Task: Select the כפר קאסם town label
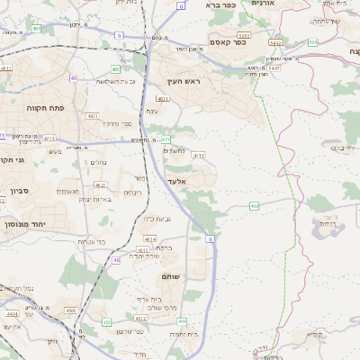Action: (229, 43)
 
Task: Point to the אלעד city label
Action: (175, 181)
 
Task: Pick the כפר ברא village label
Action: (220, 5)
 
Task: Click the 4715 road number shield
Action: (49, 139)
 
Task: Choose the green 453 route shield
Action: (106, 321)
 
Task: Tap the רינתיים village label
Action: (132, 192)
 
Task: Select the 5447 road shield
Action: (274, 67)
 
